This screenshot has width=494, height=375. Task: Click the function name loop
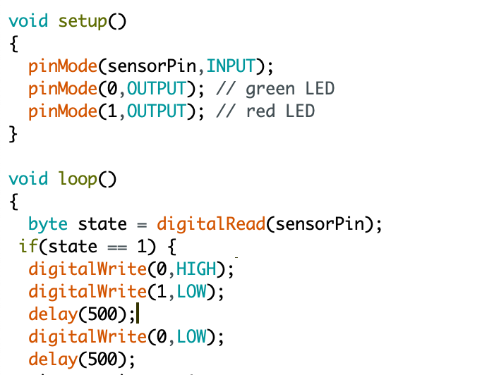[x=78, y=179]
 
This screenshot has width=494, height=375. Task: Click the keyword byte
[x=48, y=224]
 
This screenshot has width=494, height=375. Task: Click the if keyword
[x=28, y=247]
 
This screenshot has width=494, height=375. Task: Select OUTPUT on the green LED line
[x=156, y=89]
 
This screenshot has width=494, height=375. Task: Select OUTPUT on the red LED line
[x=156, y=111]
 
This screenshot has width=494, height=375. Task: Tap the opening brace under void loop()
[x=13, y=202]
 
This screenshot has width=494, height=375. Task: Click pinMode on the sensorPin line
[x=63, y=66]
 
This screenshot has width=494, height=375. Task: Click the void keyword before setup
[x=28, y=21]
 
